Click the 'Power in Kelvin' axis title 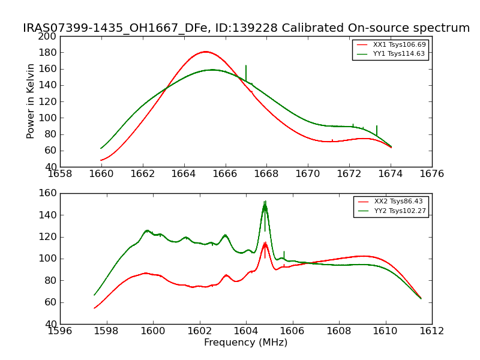31,101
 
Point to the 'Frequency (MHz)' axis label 246,343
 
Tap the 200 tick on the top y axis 49,36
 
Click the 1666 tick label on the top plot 226,173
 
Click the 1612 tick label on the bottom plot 432,331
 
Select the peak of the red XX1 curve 205,52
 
